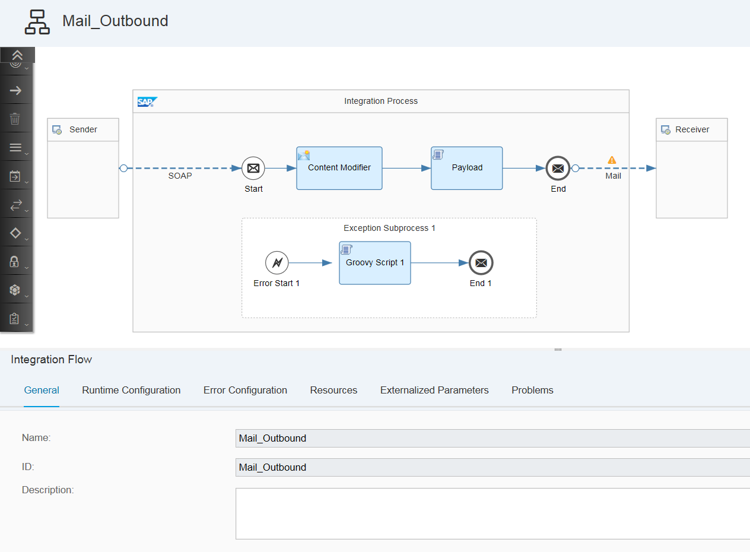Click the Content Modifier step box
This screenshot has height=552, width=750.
pos(339,168)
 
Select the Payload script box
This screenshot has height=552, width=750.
pos(467,168)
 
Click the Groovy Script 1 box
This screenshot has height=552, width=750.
pos(374,263)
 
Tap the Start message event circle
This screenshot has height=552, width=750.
pos(253,168)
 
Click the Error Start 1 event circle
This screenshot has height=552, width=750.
pos(277,262)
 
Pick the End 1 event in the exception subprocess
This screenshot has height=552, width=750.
pos(481,262)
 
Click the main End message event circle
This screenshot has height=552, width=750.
pos(558,168)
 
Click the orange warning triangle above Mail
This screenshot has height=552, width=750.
pos(612,160)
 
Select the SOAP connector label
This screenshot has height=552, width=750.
pos(180,176)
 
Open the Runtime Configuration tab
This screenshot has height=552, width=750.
pos(131,390)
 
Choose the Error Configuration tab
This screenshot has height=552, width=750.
pos(245,390)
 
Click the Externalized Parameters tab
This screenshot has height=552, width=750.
pos(434,390)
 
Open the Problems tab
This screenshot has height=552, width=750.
pos(532,390)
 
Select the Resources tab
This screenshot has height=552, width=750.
pos(333,390)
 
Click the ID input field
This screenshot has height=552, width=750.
pos(492,467)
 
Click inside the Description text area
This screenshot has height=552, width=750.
pos(492,513)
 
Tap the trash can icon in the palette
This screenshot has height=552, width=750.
pos(15,119)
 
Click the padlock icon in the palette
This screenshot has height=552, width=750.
pos(14,261)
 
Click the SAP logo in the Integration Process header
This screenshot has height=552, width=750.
pos(147,101)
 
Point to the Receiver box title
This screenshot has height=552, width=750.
pos(692,129)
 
